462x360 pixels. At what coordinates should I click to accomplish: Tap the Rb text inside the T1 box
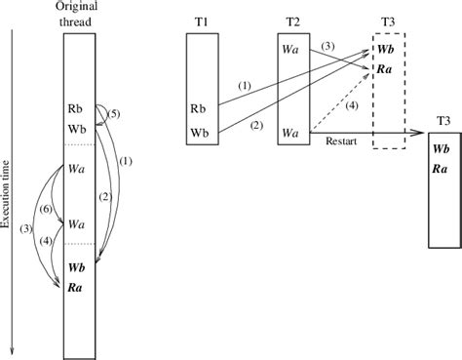[x=199, y=108]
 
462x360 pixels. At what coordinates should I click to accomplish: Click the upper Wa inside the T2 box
[x=290, y=47]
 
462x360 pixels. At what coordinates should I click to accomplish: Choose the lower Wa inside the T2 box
[x=290, y=131]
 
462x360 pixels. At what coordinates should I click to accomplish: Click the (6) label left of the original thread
[x=43, y=210]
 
